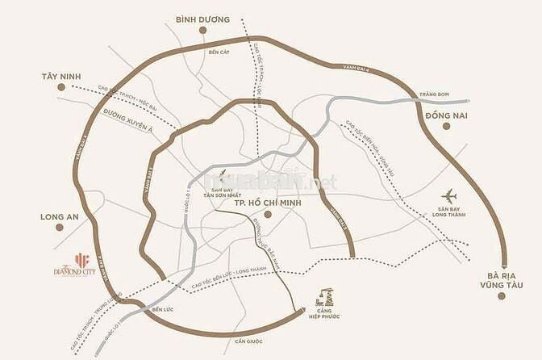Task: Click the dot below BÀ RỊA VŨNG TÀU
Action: (x=500, y=295)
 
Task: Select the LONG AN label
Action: (x=60, y=217)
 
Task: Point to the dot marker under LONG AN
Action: (x=60, y=228)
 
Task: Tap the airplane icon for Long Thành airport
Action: (x=450, y=196)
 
